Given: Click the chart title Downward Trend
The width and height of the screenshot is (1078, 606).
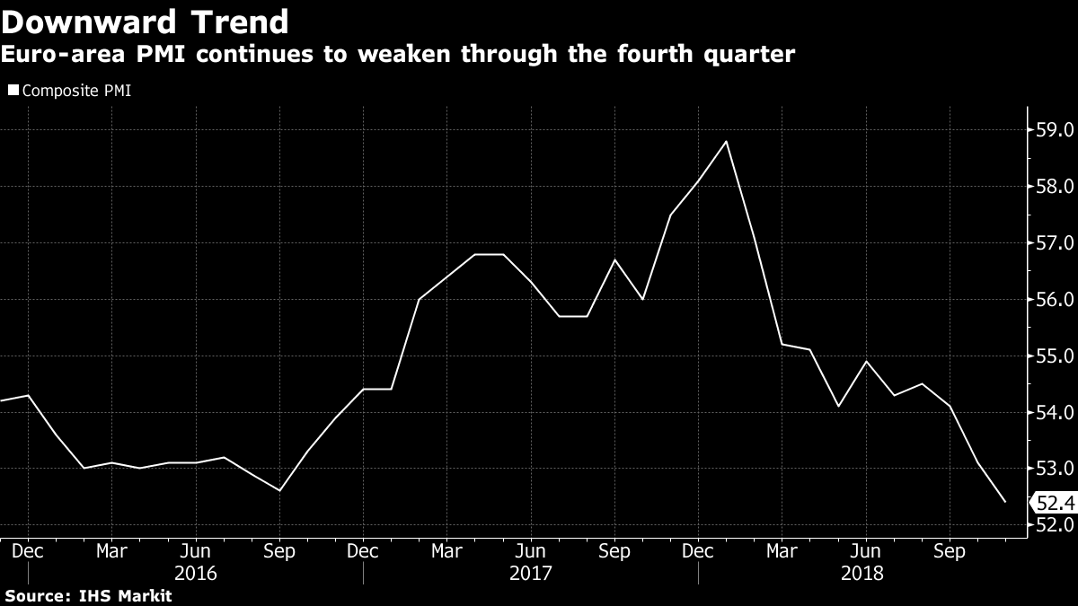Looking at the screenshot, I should (145, 22).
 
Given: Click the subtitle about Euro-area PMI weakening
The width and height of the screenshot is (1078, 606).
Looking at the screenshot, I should (397, 55).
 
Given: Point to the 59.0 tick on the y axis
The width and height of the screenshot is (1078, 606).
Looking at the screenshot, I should (1055, 130).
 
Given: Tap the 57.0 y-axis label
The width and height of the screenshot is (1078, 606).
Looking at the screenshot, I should (1055, 243).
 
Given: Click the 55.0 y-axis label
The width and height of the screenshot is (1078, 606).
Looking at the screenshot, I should (1055, 356).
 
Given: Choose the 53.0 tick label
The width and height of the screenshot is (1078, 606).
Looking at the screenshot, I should (1055, 469).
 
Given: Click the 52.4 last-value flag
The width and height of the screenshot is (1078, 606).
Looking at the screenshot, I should (1053, 502).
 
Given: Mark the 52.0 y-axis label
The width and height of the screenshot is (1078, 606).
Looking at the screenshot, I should (1055, 525).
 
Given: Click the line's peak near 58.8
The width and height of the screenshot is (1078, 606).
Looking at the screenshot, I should (727, 141).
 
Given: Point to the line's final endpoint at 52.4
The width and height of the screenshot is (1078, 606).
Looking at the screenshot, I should (1005, 502).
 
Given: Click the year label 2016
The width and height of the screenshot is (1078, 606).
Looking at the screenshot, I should (195, 572).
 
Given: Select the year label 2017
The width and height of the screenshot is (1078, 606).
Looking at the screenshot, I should (531, 572).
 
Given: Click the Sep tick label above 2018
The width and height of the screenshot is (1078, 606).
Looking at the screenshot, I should (950, 550).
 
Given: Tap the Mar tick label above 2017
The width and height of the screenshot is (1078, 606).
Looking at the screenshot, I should (446, 550).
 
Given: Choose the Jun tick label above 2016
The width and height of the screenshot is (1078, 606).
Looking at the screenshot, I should (195, 550).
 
